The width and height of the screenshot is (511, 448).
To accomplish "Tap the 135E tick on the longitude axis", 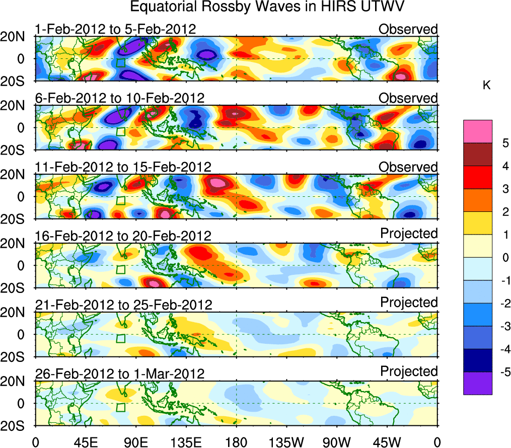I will click(185, 442).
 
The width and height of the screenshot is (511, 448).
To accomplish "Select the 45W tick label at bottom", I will click(386, 442).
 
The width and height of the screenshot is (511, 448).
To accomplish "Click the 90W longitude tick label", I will click(336, 442).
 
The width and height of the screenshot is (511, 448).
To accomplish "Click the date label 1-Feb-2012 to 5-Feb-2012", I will click(115, 29).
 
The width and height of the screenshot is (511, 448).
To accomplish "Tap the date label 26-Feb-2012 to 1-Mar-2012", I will click(120, 374).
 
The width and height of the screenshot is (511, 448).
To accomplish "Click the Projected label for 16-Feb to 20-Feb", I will click(409, 233).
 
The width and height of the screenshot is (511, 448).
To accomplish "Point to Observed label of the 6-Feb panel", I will click(408, 98).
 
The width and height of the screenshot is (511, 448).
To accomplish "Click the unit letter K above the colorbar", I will click(486, 86).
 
